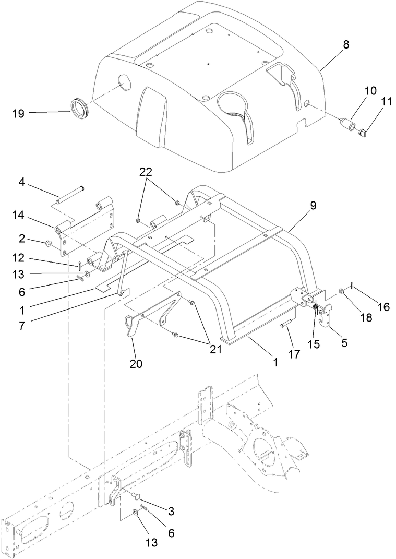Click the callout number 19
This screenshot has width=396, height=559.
coord(18,113)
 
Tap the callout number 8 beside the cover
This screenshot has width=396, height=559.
coord(346,45)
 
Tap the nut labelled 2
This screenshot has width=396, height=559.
coord(48,243)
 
